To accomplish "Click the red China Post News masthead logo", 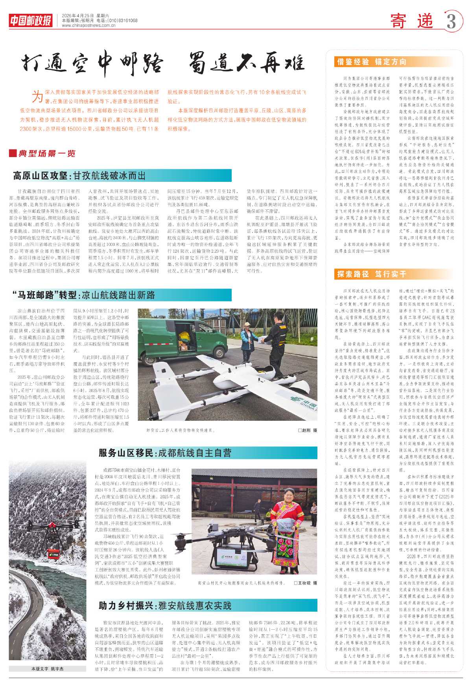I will pyautogui.click(x=31, y=20).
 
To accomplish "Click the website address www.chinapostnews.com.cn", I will pyautogui.click(x=88, y=26).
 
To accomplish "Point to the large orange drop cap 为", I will pyautogui.click(x=37, y=96).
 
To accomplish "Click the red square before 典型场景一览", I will pyautogui.click(x=13, y=154).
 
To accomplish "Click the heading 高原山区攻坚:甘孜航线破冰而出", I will pyautogui.click(x=79, y=176).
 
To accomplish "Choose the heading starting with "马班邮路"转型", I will pyautogui.click(x=84, y=295).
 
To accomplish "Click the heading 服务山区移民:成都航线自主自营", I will pyautogui.click(x=165, y=453).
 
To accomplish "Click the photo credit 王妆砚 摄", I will pyautogui.click(x=305, y=583).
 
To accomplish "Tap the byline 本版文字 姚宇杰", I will pyautogui.click(x=47, y=669).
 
